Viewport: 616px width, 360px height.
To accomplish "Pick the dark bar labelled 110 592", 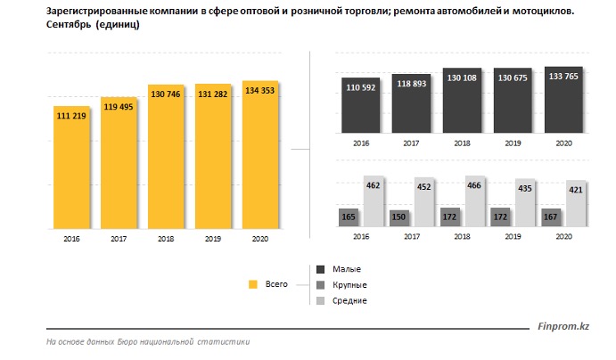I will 359,107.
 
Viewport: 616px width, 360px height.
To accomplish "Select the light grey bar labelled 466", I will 475,200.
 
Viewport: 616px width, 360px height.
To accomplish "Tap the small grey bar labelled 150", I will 398,218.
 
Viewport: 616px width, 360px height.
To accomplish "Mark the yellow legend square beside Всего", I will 252,284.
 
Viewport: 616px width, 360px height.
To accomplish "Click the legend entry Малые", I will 349,268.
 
